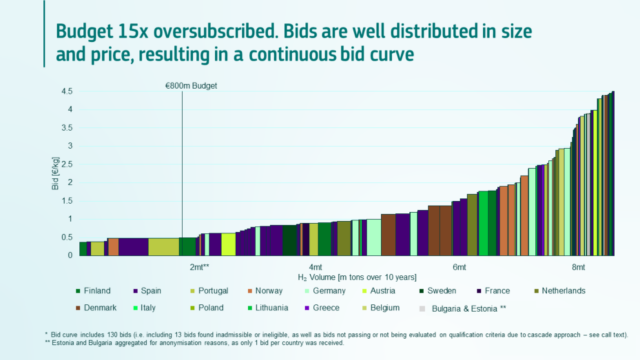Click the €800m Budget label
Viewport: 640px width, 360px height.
pyautogui.click(x=191, y=86)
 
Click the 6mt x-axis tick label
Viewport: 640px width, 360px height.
pyautogui.click(x=459, y=267)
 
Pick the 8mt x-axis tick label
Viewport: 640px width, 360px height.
pyautogui.click(x=578, y=267)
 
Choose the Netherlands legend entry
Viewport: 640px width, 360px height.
pyautogui.click(x=560, y=291)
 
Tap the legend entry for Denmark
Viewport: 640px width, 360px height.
pyautogui.click(x=102, y=307)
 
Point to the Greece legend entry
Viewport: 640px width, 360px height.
pyautogui.click(x=388, y=307)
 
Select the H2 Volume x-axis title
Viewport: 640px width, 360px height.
pyautogui.click(x=356, y=277)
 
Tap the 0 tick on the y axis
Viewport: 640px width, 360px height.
pyautogui.click(x=69, y=255)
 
